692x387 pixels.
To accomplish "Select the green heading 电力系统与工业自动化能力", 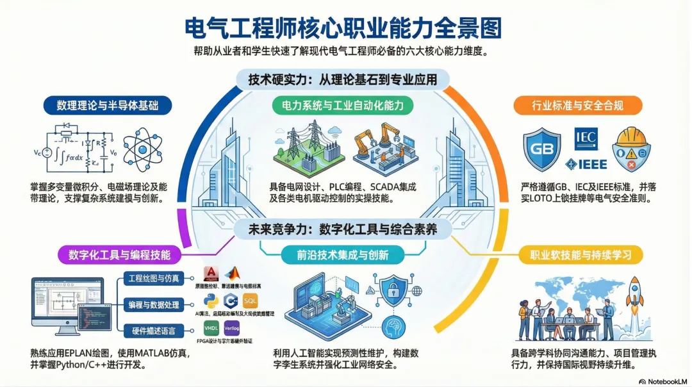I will click(342, 105).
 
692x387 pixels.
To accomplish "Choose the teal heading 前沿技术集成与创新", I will click(342, 254).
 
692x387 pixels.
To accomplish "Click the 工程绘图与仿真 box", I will click(154, 278).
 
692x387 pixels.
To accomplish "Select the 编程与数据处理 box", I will click(154, 304).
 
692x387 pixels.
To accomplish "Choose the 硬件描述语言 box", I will click(154, 330).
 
